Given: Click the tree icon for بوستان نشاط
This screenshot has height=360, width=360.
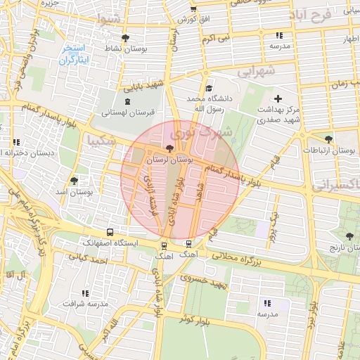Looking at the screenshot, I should (125, 38).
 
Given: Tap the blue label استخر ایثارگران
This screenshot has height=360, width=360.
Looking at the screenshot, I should (72, 54).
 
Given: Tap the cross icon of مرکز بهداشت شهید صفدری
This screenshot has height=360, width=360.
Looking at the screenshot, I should (278, 98).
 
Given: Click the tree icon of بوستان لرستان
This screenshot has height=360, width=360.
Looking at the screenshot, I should (169, 148).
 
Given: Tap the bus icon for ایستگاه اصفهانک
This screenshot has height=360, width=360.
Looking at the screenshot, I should (109, 232).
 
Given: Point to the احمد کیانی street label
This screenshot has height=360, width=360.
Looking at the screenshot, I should (89, 259).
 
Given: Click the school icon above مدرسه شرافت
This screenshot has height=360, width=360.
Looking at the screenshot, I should (85, 293).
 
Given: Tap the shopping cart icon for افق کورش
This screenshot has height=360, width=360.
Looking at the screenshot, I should (193, 10).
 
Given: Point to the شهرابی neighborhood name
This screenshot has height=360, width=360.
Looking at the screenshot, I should (255, 71).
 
